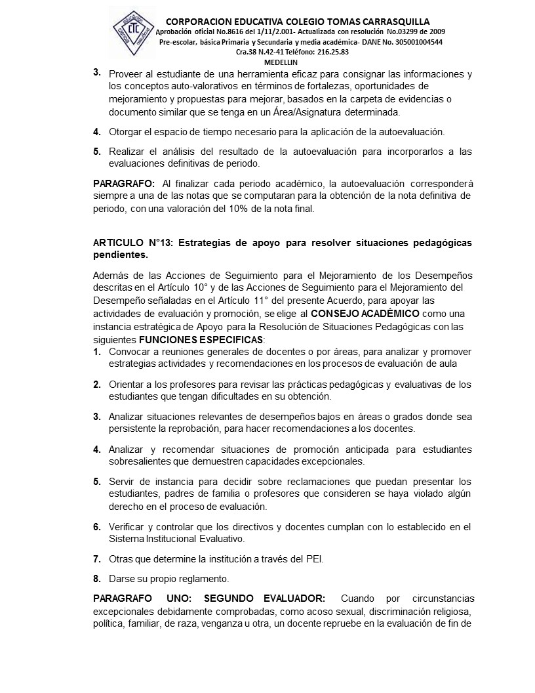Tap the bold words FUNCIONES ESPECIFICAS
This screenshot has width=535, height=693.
[x=200, y=340]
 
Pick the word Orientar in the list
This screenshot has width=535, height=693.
[x=127, y=385]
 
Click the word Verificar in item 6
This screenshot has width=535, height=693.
[x=127, y=527]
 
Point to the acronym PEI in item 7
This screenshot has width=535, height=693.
[x=314, y=559]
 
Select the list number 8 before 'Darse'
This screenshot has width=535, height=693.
[x=96, y=579]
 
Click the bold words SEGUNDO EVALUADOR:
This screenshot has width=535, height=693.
[x=264, y=598]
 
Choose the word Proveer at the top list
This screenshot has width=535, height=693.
[x=127, y=74]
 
